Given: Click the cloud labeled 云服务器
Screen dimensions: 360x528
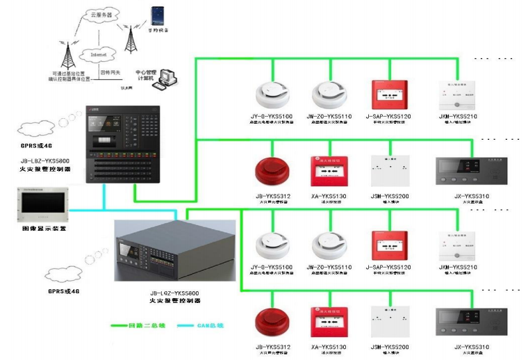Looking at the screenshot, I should [99, 14].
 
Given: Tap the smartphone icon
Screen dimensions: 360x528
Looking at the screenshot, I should [159, 15].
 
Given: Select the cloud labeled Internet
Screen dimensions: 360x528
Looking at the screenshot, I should [95, 54].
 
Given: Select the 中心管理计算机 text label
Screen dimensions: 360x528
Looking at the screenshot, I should [147, 75].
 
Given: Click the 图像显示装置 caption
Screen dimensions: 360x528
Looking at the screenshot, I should [40, 227].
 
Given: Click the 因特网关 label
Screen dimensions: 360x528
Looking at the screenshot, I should [110, 72].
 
